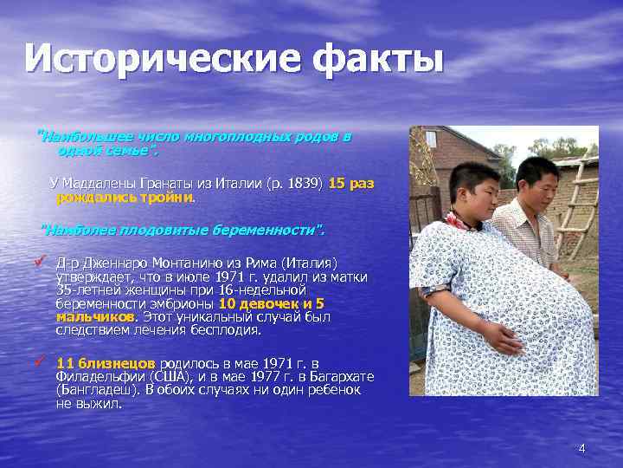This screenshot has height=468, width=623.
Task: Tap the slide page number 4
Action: (581, 448)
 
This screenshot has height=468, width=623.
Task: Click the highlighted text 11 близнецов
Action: (106, 363)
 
